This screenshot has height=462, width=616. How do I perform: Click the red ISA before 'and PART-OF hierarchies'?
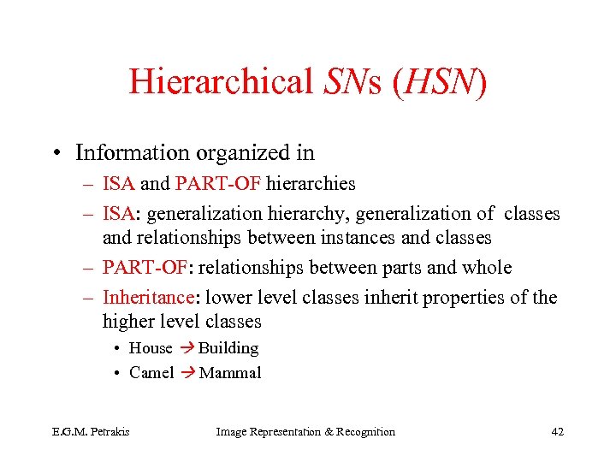click(117, 183)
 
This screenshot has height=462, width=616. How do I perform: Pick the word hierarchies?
click(311, 183)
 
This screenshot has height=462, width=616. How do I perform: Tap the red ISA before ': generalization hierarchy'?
click(117, 214)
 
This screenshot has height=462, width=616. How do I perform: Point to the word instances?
click(364, 237)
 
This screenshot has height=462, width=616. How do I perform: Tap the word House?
click(151, 348)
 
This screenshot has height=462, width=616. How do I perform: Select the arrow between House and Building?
click(186, 348)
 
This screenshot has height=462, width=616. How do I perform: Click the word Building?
click(228, 348)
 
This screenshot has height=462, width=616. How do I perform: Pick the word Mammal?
click(230, 373)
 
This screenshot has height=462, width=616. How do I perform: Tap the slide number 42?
click(557, 432)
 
